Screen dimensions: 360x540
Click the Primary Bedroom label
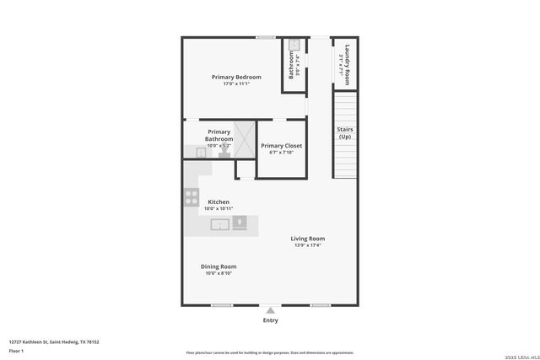(235, 77)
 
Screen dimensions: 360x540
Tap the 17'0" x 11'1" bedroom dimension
(235, 84)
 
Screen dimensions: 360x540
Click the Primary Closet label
(281, 146)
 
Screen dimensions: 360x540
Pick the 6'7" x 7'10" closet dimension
(281, 153)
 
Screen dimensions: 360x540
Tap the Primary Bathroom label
(219, 135)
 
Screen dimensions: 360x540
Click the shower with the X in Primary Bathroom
(245, 139)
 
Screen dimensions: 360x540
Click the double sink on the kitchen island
(219, 224)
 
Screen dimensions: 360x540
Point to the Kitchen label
(219, 202)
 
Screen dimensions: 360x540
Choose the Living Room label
(308, 239)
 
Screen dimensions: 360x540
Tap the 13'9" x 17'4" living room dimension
(308, 245)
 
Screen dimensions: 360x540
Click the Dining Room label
(219, 266)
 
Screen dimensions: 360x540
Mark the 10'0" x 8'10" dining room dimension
(219, 273)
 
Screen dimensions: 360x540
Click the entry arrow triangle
(270, 311)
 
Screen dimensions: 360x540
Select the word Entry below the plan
(270, 320)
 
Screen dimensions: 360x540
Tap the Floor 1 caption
(16, 350)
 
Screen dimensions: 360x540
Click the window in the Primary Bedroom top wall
(266, 37)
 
